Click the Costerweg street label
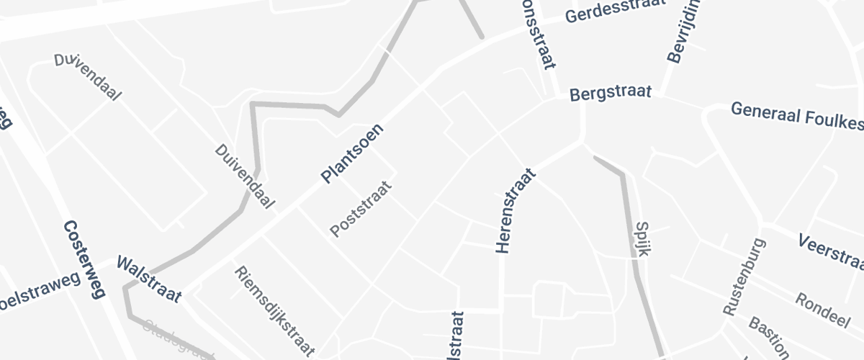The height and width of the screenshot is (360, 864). [84, 259]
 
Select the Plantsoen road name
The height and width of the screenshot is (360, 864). [352, 154]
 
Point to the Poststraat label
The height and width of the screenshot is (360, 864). [361, 209]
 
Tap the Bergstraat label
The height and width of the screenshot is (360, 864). [611, 93]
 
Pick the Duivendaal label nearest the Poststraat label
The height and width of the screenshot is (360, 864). [245, 176]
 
